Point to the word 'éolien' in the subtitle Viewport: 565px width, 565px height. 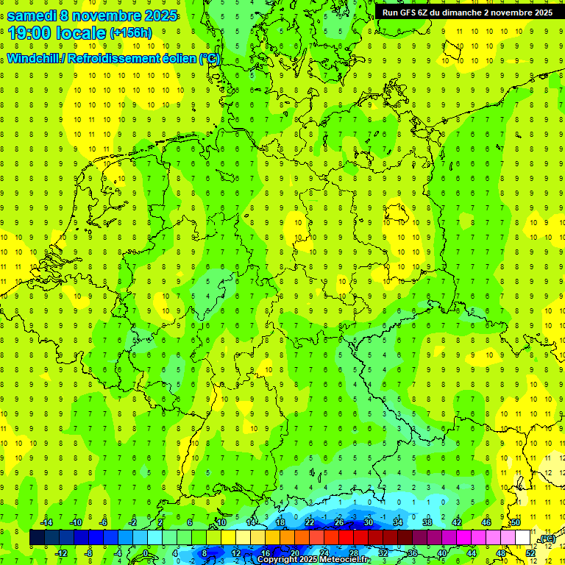coord(176,58)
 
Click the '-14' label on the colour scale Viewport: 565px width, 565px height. coord(48,522)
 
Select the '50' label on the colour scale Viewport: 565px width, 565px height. coord(516,522)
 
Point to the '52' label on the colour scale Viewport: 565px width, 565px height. coord(530,553)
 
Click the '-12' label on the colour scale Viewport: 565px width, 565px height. coord(62,553)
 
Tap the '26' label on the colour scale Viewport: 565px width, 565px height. coord(339,522)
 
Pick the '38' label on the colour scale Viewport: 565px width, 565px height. coord(427,522)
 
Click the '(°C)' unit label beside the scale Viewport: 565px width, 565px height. coord(547,539)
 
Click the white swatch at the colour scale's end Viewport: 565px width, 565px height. coord(522,538)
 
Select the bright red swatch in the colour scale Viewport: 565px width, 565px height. coord(346,538)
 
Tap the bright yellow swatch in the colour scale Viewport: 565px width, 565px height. coord(243,538)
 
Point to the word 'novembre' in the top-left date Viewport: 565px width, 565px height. coord(114,15)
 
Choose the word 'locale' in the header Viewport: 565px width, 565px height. coord(80,33)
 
